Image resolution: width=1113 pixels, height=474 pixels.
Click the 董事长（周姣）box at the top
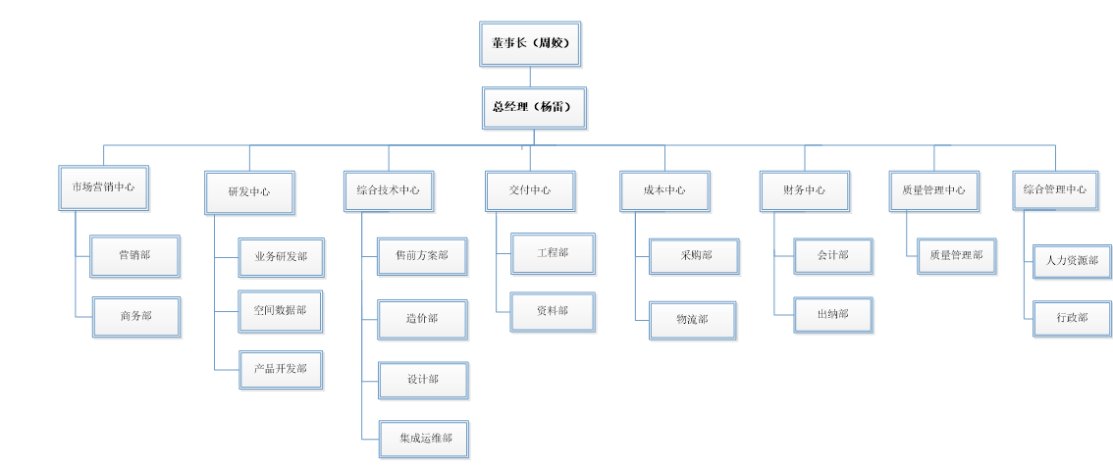coord(530,44)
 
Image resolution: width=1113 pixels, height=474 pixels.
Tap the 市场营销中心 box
coord(103,187)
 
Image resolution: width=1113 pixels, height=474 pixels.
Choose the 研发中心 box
coord(249,192)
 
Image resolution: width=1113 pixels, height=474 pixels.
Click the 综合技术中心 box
coord(389,191)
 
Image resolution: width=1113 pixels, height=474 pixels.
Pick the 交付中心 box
coord(530,191)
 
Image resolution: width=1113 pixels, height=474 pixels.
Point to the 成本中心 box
coord(664,191)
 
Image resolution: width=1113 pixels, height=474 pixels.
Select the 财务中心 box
coord(804,191)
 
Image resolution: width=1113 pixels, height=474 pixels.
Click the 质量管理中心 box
coord(933,191)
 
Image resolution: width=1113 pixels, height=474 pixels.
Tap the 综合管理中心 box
coord(1055,190)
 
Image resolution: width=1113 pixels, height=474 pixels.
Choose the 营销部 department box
coord(135,256)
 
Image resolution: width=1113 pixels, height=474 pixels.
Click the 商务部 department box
coord(136,317)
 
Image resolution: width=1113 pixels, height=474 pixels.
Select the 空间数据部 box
coord(281,311)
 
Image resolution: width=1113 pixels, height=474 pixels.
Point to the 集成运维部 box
coord(424,439)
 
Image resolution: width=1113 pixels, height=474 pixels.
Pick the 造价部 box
coord(423,319)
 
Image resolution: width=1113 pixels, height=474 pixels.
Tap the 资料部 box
coord(552,312)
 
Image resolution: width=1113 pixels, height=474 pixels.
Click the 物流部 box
coord(692,320)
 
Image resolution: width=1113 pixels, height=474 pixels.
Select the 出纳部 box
coord(832,315)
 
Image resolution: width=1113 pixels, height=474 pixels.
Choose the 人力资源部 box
coord(1072,261)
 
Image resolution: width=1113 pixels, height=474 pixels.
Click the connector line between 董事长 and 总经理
coord(530,77)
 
